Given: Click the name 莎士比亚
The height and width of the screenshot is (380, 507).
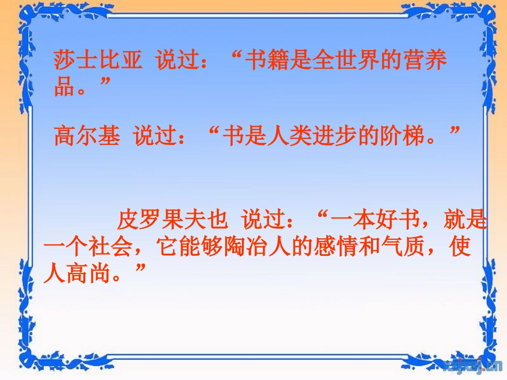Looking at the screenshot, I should coord(98,61).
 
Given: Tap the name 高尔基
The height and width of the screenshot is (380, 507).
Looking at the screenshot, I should coord(87,136).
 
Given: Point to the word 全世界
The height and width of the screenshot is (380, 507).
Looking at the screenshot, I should coord(351,61).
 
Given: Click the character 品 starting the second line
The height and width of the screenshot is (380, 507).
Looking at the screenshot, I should coord(64,86).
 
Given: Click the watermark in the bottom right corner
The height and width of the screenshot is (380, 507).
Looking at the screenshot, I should coord(472,365).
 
